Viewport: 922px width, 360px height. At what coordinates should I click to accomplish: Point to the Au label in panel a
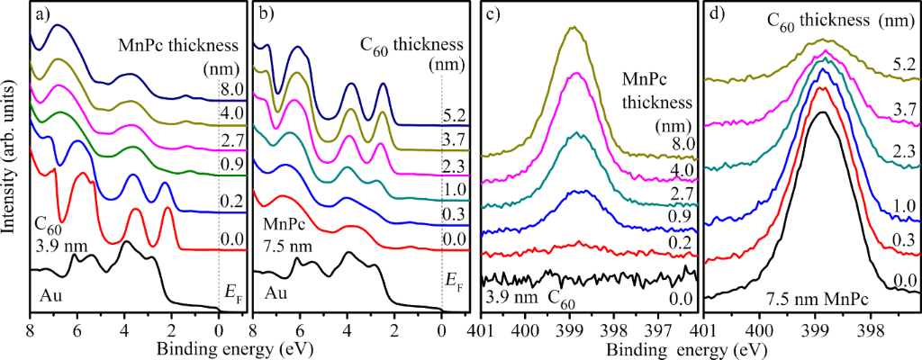click(x=50, y=293)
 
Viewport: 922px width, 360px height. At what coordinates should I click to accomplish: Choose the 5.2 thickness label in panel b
click(x=455, y=115)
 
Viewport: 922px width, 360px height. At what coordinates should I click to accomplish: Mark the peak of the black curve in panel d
click(x=820, y=112)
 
